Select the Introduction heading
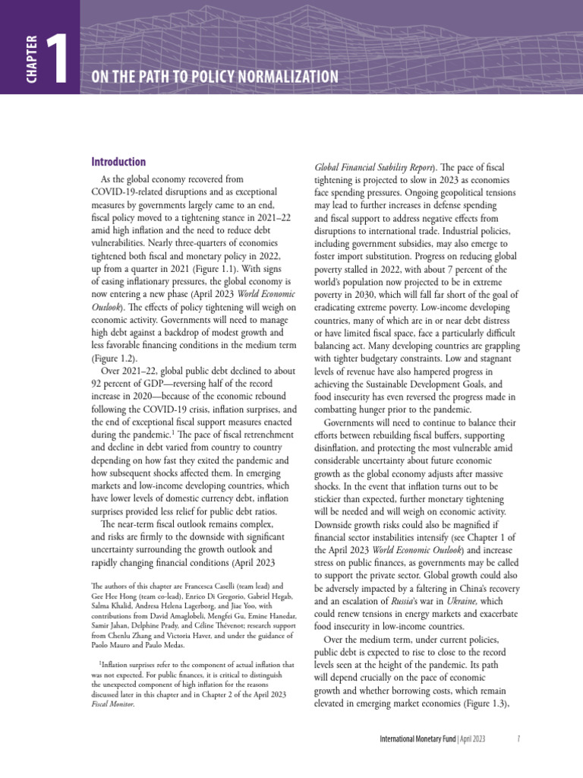pos(118,162)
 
